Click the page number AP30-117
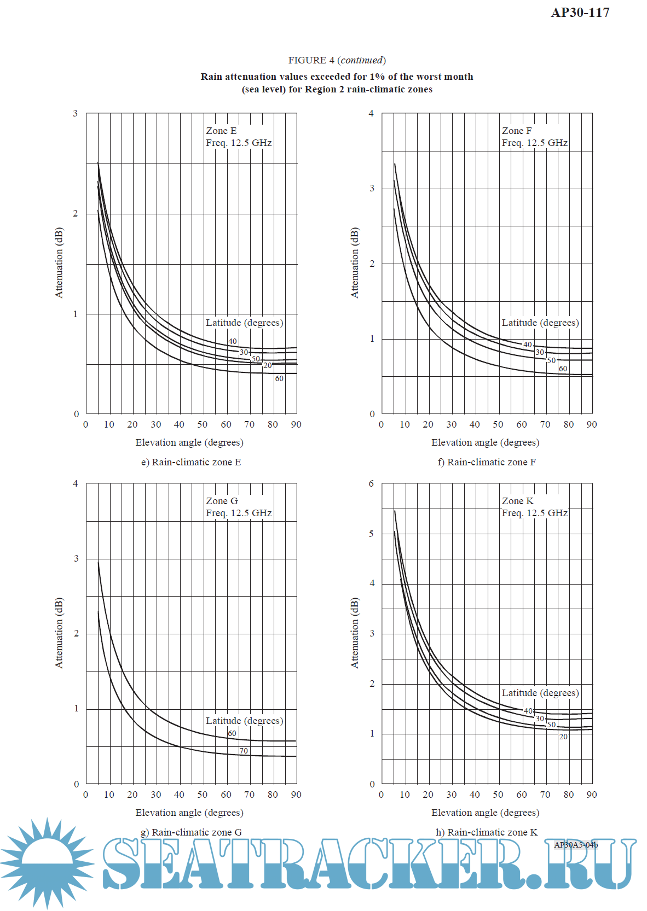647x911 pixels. point(580,13)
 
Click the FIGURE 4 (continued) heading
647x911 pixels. point(337,60)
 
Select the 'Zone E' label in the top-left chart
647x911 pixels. point(221,131)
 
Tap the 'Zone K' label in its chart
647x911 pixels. point(517,501)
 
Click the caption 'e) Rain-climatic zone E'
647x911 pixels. point(191,462)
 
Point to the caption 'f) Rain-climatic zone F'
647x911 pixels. point(486,462)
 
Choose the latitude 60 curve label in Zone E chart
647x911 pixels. point(279,378)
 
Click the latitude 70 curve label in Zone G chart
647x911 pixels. point(244,751)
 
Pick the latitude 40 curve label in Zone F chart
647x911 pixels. point(527,344)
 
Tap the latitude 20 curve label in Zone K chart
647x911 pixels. point(563,737)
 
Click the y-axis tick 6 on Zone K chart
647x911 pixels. point(372,483)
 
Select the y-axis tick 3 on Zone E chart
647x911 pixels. point(76,113)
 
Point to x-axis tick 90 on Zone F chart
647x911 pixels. point(592,424)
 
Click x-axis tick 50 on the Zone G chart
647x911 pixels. point(203,795)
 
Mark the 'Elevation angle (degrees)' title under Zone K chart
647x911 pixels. point(485,813)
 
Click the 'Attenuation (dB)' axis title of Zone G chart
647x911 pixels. point(59,633)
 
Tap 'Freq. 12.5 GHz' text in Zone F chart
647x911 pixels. point(534,143)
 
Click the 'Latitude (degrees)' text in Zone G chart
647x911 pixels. point(244,721)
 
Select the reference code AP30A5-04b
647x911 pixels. point(576,845)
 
